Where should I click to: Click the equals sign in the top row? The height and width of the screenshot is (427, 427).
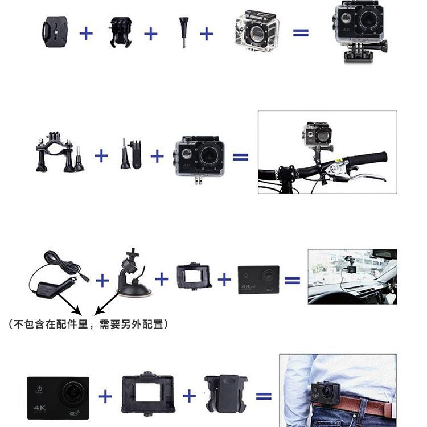coord(301,33)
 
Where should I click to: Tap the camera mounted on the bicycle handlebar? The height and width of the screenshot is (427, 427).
coord(317,134)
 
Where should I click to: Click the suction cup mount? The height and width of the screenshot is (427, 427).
coord(133,276)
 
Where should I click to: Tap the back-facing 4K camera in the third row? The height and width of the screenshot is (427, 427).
coord(258,279)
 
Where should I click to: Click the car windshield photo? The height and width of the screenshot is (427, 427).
coord(352,276)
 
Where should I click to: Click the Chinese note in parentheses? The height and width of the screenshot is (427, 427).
coord(88,325)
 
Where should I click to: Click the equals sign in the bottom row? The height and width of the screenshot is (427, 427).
coord(264,396)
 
